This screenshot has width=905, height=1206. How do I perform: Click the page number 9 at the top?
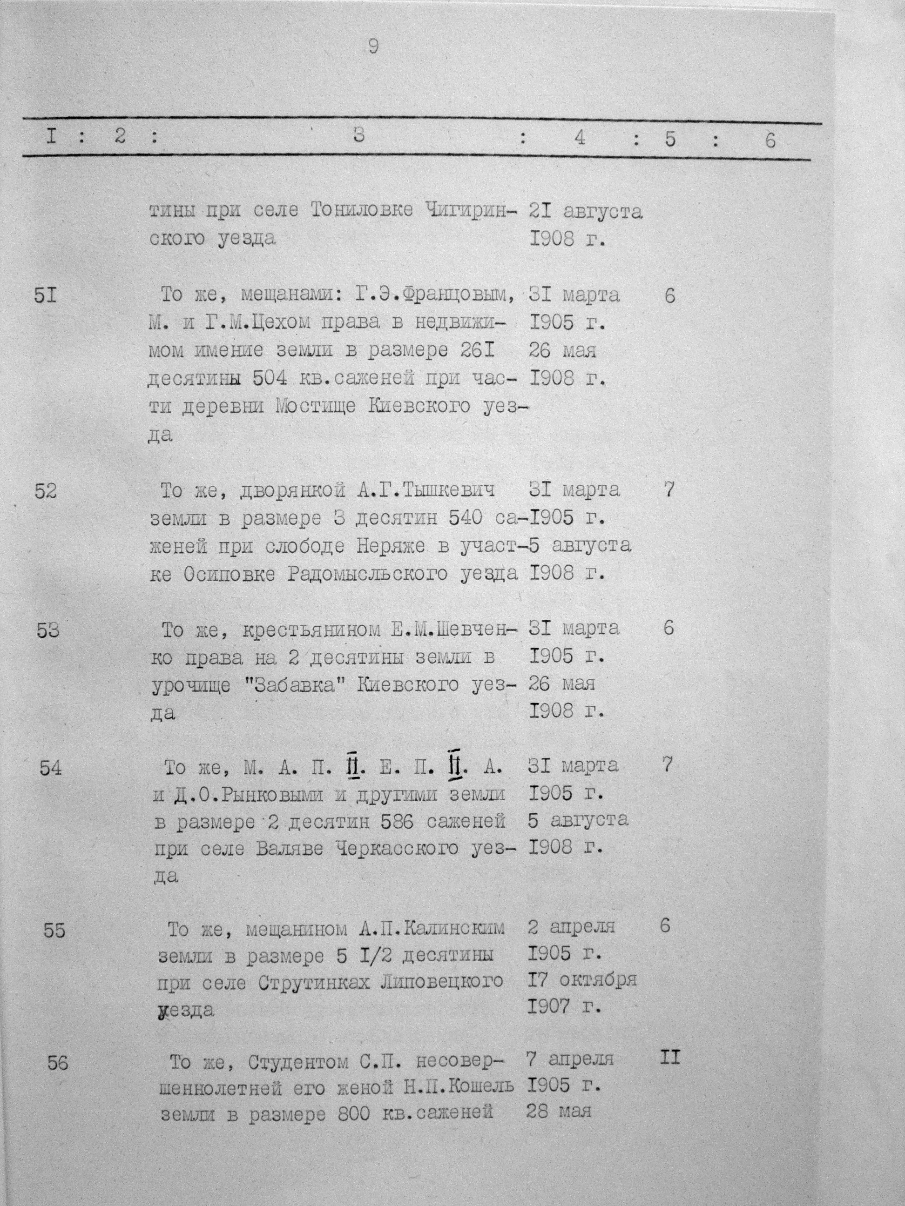pos(373,47)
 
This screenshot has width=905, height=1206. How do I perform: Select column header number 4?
pos(580,139)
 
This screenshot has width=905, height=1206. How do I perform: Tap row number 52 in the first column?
pos(45,491)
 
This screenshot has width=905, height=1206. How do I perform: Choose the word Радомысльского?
pos(371,574)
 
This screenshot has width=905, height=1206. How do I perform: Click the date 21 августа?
pos(585,210)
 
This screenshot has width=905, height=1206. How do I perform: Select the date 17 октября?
pos(581,980)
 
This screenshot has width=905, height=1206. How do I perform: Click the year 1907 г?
pos(564,1007)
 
